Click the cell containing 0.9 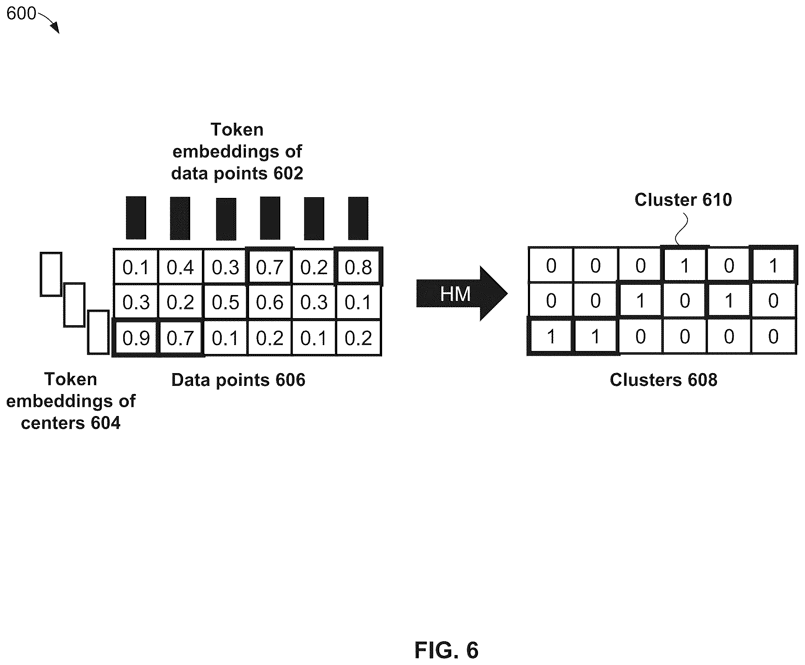pos(136,338)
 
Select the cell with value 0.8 pos(358,267)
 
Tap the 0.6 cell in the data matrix pos(270,302)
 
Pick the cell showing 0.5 pos(225,302)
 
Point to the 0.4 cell pos(180,267)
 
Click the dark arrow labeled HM pos(462,293)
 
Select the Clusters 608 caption pos(663,379)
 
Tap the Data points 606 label pos(238,379)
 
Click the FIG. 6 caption pos(446,650)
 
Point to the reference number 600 pos(21,13)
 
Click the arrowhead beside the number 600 pos(55,28)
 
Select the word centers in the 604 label pos(53,423)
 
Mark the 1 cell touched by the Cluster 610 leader pos(685,265)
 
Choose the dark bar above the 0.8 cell pos(358,218)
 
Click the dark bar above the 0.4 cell pos(180,218)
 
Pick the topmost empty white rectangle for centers pos(51,274)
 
